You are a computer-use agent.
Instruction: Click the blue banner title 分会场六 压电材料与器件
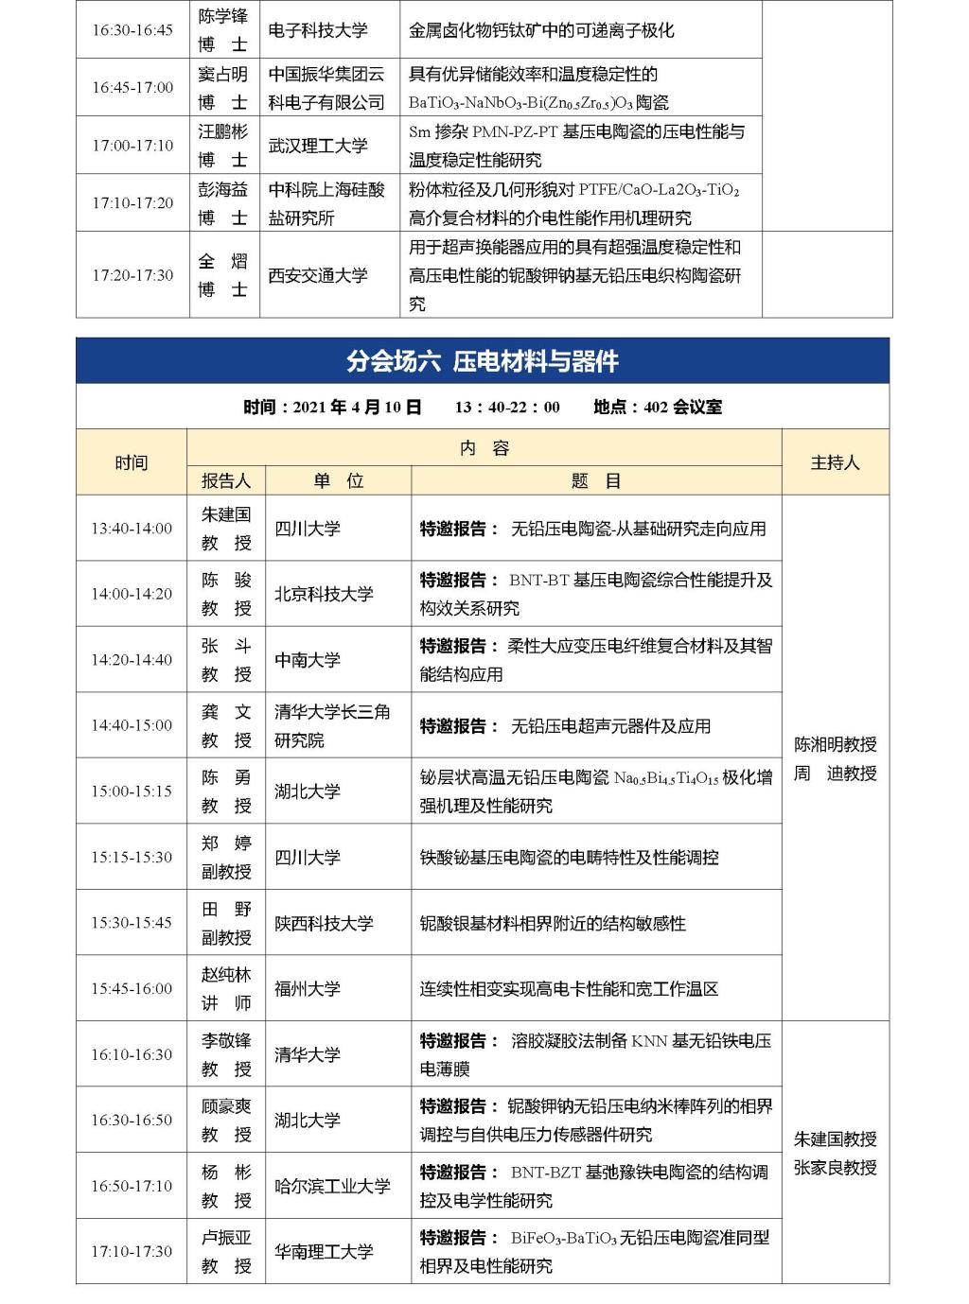[483, 361]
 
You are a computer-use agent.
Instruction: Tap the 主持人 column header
[835, 462]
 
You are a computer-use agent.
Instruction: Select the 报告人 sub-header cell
[226, 480]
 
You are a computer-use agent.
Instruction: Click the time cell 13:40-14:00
[132, 529]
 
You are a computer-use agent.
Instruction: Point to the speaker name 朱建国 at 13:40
[226, 514]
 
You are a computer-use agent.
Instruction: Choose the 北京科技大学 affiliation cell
[324, 594]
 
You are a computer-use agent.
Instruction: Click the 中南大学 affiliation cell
[307, 660]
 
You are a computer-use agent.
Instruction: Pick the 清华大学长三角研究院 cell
[331, 725]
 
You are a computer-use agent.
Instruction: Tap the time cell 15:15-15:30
[132, 857]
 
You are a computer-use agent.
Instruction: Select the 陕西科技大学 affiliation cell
[324, 923]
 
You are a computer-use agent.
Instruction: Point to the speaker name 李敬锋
[226, 1040]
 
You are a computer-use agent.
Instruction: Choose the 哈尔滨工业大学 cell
[332, 1186]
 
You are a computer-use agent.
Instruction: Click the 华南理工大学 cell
[324, 1251]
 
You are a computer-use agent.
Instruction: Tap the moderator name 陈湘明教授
[835, 744]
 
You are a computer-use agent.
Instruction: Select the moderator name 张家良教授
[835, 1168]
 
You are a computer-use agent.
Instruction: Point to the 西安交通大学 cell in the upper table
[318, 275]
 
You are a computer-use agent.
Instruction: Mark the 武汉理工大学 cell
[318, 146]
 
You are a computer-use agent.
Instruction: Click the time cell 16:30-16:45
[132, 30]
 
